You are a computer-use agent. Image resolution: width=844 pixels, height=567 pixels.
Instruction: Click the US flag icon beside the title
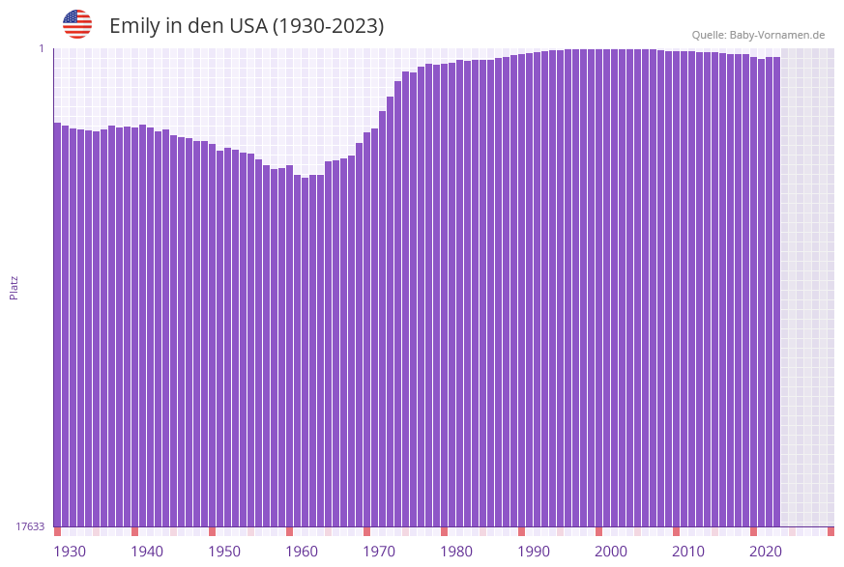(77, 24)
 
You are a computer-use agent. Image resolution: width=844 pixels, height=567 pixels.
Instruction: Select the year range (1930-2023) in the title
(329, 26)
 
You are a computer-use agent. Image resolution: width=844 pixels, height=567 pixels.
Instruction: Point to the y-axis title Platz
(15, 287)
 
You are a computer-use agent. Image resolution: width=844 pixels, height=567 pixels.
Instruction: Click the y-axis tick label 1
(42, 48)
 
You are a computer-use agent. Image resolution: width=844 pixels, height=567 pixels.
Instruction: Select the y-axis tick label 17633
(30, 526)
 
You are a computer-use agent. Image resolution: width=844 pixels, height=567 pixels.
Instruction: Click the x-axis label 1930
(70, 552)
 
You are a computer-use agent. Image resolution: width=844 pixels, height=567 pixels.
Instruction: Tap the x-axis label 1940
(147, 552)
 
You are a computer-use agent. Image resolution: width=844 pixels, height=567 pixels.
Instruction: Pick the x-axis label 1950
(224, 552)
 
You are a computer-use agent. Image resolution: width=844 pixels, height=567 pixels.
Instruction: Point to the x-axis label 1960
(302, 552)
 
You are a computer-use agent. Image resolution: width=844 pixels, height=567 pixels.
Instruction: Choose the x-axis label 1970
(379, 552)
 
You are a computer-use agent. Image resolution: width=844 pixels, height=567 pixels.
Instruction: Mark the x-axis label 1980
(456, 552)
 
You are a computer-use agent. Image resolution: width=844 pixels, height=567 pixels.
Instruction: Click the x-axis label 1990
(534, 552)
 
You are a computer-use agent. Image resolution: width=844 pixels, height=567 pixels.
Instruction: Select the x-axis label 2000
(611, 552)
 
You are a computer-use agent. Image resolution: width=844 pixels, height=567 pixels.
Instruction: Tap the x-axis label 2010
(688, 552)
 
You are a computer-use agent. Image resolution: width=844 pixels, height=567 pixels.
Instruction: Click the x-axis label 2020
(766, 552)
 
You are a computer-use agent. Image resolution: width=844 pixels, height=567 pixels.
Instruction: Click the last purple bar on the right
(776, 290)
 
